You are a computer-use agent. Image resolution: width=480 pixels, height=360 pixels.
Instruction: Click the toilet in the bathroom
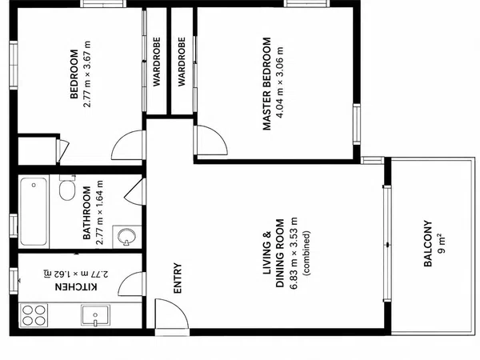tap(67, 188)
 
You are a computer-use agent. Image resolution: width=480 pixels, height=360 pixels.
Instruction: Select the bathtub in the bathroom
tap(34, 211)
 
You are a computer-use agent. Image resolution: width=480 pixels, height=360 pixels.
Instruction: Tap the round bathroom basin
tap(126, 236)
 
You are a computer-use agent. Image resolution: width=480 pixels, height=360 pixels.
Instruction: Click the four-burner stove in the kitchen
tap(34, 315)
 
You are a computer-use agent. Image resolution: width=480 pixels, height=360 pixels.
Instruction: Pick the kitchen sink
tap(95, 314)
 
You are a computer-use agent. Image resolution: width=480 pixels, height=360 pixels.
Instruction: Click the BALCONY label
tap(428, 243)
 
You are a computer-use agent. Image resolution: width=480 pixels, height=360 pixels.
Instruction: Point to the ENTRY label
tap(178, 278)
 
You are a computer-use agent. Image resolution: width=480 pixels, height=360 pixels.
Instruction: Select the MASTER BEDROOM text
tap(267, 83)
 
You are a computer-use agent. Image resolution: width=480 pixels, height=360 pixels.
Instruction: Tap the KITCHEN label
tap(76, 287)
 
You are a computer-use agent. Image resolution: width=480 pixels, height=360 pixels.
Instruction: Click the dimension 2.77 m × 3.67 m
tap(87, 74)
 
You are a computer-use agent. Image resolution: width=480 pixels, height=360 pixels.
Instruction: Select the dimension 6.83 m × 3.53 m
tap(294, 253)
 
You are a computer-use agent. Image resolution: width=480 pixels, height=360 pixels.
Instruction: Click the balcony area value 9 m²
tap(441, 243)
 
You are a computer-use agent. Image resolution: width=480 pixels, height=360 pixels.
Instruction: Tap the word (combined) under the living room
tap(306, 253)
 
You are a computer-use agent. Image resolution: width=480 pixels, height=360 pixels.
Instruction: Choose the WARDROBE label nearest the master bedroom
tap(182, 62)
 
